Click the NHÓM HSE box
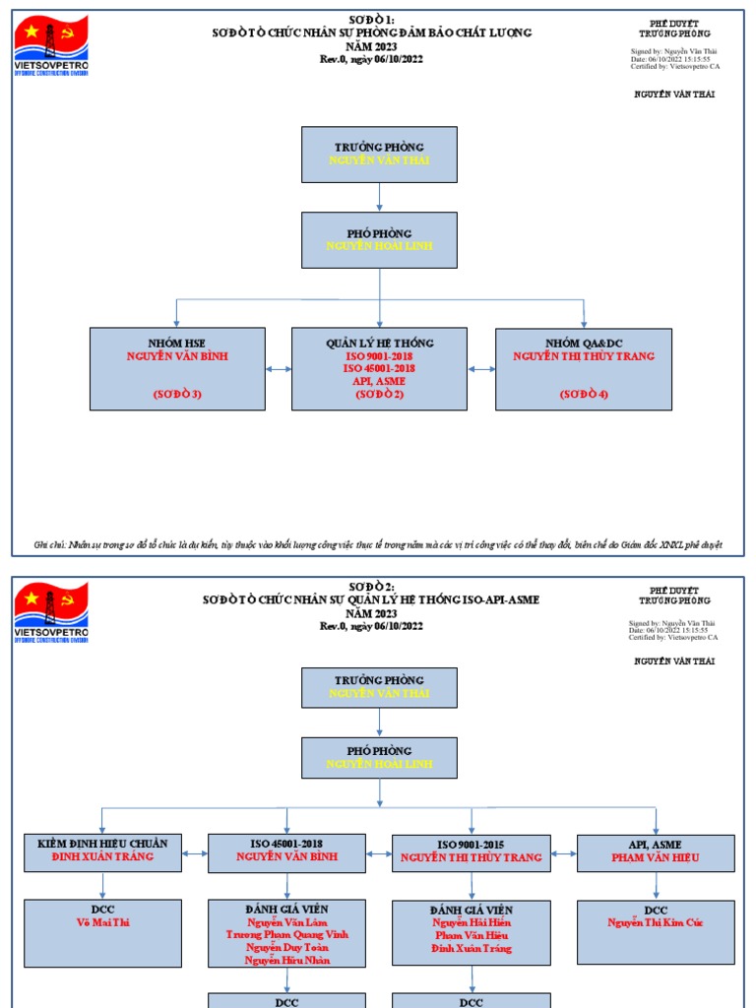click(x=177, y=369)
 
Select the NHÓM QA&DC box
click(x=584, y=369)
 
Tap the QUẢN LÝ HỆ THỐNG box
click(x=380, y=369)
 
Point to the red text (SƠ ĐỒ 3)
click(x=177, y=394)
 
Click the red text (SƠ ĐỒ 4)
click(x=584, y=394)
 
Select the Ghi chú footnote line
click(x=378, y=544)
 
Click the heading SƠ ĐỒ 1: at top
click(x=372, y=20)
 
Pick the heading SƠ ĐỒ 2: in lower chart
click(x=372, y=587)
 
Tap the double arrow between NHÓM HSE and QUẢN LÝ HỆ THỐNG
click(x=279, y=369)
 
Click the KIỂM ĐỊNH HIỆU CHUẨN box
click(x=102, y=851)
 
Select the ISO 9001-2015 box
click(x=471, y=852)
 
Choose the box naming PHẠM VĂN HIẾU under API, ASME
click(x=655, y=852)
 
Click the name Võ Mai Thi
click(x=102, y=922)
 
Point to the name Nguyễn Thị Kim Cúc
click(x=655, y=922)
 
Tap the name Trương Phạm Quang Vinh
click(x=286, y=934)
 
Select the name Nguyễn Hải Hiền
click(x=471, y=922)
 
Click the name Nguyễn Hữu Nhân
click(x=286, y=960)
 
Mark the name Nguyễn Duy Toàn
click(x=286, y=947)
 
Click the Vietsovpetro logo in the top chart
click(x=51, y=45)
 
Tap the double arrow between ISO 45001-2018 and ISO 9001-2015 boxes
click(x=379, y=852)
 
